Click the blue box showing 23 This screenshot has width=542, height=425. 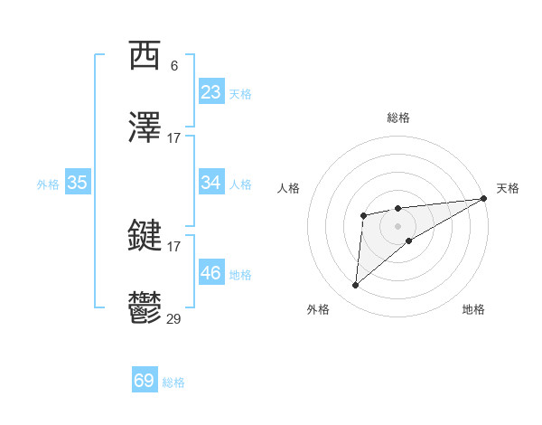tap(210, 92)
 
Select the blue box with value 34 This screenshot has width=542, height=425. tap(210, 183)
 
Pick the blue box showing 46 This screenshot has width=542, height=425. tap(210, 273)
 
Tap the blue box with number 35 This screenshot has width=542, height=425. tap(77, 183)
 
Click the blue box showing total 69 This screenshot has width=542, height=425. tap(145, 381)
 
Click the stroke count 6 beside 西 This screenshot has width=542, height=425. tap(174, 66)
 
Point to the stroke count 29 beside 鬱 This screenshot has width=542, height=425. tap(174, 318)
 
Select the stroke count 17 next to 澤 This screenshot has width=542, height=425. tap(174, 138)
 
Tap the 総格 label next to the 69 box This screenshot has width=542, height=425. tap(173, 382)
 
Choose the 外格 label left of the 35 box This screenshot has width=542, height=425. tap(48, 184)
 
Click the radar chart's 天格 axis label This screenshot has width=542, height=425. tap(508, 188)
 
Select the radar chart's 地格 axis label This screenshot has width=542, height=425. tap(473, 309)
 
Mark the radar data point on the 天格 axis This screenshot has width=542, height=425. tap(484, 198)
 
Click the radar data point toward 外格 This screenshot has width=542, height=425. tap(356, 286)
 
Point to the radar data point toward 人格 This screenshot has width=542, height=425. tap(363, 215)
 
